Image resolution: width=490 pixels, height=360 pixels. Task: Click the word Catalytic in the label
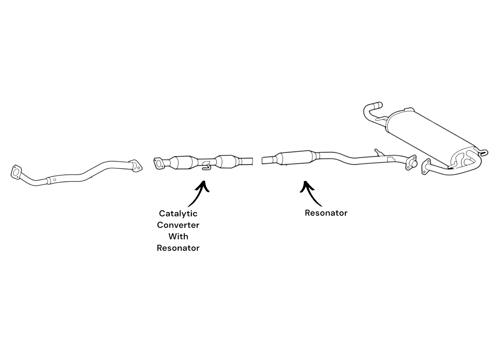click(178, 214)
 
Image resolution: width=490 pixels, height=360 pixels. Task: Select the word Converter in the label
click(178, 225)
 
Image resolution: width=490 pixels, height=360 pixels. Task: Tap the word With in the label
click(178, 236)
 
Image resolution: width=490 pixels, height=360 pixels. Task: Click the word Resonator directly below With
click(178, 248)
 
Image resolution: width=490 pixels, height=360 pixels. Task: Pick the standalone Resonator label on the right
click(326, 213)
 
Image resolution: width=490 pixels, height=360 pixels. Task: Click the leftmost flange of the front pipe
click(16, 172)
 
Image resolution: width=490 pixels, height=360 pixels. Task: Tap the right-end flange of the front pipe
click(136, 166)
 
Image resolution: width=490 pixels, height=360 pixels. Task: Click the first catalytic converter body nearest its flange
click(183, 163)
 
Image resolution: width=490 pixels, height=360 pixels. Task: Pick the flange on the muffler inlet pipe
click(426, 167)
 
